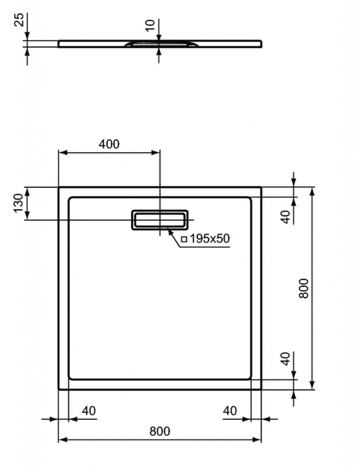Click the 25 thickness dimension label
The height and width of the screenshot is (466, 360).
pos(19,20)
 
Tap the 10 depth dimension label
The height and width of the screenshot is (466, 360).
pos(151,25)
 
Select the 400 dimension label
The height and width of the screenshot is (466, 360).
pos(109,144)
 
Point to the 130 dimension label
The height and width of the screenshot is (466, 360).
pos(18,203)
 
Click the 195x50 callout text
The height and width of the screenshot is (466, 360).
pos(209,238)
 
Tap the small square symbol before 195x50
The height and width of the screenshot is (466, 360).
pos(184,238)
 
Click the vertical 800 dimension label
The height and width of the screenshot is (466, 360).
pos(304,288)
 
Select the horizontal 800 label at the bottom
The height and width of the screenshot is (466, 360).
pos(160,431)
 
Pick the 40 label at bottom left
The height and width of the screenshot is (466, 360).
pos(89,411)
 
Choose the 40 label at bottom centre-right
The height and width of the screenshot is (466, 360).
pos(230,411)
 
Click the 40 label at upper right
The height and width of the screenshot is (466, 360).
pos(285,217)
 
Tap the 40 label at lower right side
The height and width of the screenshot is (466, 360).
pos(285,359)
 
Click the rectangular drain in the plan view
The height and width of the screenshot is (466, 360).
pos(160,220)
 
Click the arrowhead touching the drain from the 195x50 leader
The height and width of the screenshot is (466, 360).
pos(170,231)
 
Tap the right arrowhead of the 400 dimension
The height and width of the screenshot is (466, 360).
pos(156,153)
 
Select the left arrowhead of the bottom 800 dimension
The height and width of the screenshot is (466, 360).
pos(63,440)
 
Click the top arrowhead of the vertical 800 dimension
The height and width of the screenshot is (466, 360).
pos(312,192)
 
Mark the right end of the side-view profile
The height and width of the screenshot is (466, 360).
pos(262,44)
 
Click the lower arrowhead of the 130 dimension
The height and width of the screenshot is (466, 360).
pos(27,215)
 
